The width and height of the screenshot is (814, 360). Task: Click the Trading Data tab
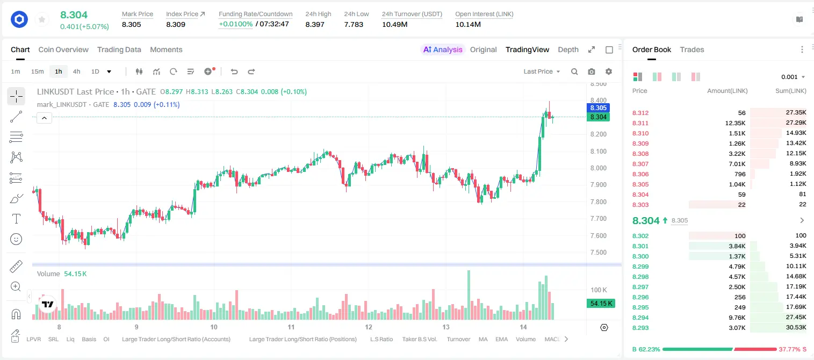click(119, 49)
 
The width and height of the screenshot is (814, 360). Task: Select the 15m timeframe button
click(37, 71)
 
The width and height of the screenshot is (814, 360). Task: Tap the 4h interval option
click(76, 71)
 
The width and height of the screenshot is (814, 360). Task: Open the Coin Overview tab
click(63, 49)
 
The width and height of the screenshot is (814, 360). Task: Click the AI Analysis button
click(443, 49)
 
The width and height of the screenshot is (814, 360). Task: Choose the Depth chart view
click(568, 49)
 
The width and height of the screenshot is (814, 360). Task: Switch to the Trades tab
click(692, 49)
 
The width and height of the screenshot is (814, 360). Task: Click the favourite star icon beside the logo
click(42, 19)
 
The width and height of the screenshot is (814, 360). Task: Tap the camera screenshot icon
click(592, 71)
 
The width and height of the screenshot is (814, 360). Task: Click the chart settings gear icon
click(609, 71)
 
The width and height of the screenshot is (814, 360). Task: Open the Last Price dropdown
click(542, 71)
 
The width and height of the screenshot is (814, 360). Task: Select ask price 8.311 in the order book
click(640, 123)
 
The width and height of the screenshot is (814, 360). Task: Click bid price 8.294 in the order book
click(640, 318)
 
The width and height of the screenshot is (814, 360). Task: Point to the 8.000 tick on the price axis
click(598, 168)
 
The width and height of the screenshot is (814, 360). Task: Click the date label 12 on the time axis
click(369, 327)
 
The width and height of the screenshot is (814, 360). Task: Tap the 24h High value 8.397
click(315, 24)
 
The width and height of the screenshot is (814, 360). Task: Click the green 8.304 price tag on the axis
click(598, 117)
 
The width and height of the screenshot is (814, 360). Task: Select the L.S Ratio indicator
click(381, 339)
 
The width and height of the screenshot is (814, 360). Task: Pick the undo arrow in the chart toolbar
click(234, 71)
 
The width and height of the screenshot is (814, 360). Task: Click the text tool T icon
click(16, 219)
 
